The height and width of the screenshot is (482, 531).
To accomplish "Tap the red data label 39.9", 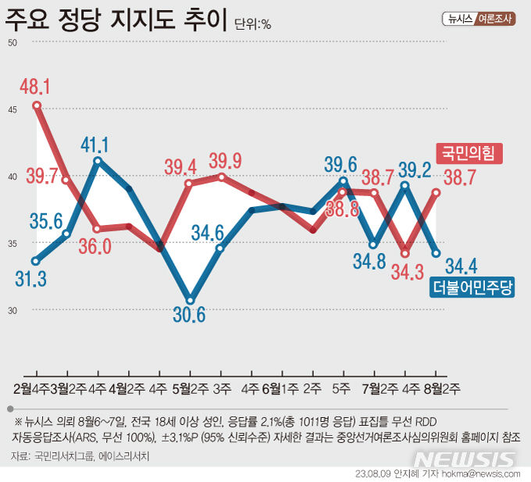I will pyautogui.click(x=226, y=161).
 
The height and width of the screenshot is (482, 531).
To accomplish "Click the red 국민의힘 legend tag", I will pyautogui.click(x=468, y=152).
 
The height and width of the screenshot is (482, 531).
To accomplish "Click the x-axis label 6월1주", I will pyautogui.click(x=279, y=387).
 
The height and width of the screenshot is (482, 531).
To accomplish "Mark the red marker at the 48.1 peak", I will pyautogui.click(x=37, y=105).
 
